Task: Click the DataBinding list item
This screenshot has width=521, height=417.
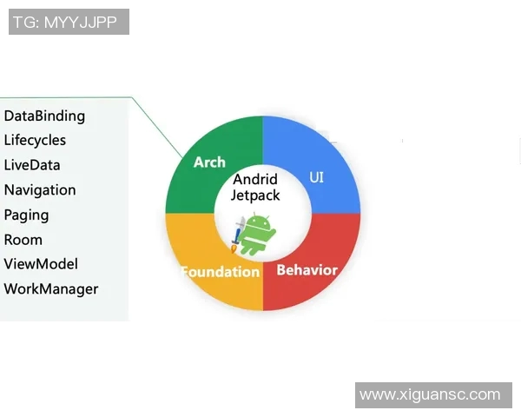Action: pos(44,116)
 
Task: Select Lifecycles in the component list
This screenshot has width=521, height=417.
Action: pos(35,141)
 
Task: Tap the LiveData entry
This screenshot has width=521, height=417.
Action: pos(32,165)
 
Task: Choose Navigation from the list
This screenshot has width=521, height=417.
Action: pos(40,190)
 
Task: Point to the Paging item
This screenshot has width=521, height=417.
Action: pos(27,215)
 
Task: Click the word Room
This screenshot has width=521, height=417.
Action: pos(23,240)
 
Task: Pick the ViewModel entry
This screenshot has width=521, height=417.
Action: pos(41,264)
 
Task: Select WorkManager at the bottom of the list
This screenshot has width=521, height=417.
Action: pos(51,289)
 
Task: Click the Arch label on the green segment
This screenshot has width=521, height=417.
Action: pos(209,162)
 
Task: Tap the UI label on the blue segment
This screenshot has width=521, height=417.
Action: pos(316,177)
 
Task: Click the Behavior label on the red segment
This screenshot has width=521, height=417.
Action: pos(307,270)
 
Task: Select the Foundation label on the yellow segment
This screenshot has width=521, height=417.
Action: pos(221,272)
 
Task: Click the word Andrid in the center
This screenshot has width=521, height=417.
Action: pos(255,179)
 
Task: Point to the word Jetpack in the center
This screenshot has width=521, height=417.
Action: pos(255,195)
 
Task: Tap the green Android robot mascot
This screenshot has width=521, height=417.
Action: pos(257,234)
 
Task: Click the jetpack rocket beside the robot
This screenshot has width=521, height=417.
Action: pos(238,235)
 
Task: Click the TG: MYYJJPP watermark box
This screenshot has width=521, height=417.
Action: pos(69,22)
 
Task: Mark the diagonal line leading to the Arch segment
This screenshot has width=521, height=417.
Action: pos(157,128)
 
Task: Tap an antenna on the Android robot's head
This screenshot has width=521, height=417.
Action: pos(254,215)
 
